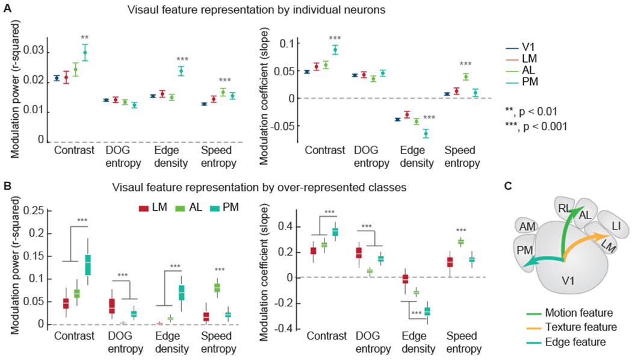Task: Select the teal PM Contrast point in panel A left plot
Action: click(x=85, y=52)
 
